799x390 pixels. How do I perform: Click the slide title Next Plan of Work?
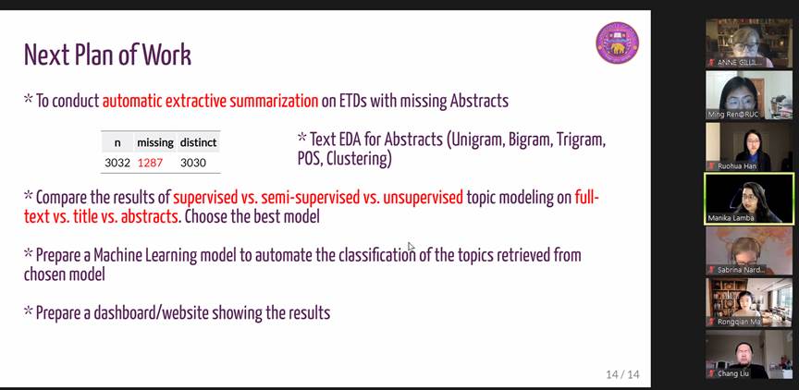[107, 55]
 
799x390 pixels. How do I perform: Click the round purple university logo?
[617, 43]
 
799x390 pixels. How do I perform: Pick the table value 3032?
[117, 163]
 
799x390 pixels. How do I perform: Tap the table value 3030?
[193, 163]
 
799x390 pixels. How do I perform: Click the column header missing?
[155, 142]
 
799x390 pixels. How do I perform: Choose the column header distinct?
[198, 142]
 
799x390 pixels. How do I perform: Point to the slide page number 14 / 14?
[622, 374]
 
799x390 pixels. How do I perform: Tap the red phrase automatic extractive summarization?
[211, 101]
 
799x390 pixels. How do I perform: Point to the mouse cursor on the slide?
[412, 247]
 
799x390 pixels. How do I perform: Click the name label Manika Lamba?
[731, 218]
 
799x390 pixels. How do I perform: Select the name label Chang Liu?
[733, 373]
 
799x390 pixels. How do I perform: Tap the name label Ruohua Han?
[737, 166]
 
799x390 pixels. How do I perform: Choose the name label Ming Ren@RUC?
[733, 115]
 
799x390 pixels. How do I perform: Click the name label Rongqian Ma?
[739, 322]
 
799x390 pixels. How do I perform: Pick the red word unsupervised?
[423, 197]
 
